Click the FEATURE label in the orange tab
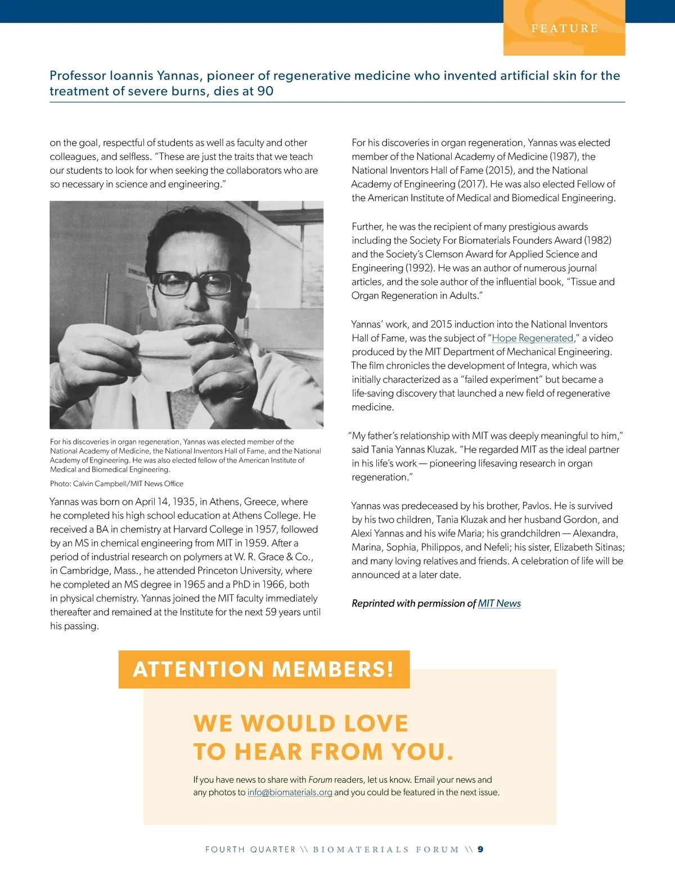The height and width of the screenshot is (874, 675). coord(564,28)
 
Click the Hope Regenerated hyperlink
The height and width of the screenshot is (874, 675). coord(533,338)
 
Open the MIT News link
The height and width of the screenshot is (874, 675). coord(499,603)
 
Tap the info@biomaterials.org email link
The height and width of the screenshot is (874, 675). coord(290,792)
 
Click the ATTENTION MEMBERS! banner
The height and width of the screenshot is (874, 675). coord(264,669)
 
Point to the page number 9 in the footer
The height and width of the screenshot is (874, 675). coord(480,849)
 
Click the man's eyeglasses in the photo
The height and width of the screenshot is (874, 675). coord(194,283)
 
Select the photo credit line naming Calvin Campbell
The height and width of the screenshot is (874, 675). coord(116,483)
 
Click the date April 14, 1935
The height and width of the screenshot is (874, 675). coord(164,501)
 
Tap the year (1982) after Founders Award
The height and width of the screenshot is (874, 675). coord(597,240)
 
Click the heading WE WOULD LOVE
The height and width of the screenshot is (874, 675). coord(300,724)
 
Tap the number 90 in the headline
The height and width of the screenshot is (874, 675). coord(265,91)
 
